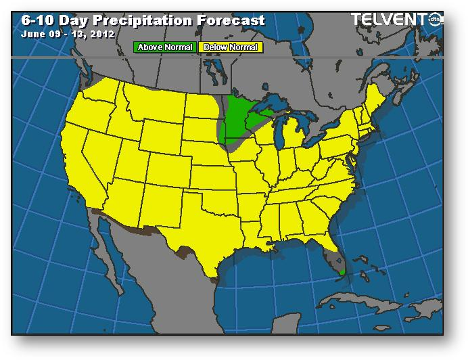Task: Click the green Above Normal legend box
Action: [165, 47]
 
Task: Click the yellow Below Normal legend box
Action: [230, 47]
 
